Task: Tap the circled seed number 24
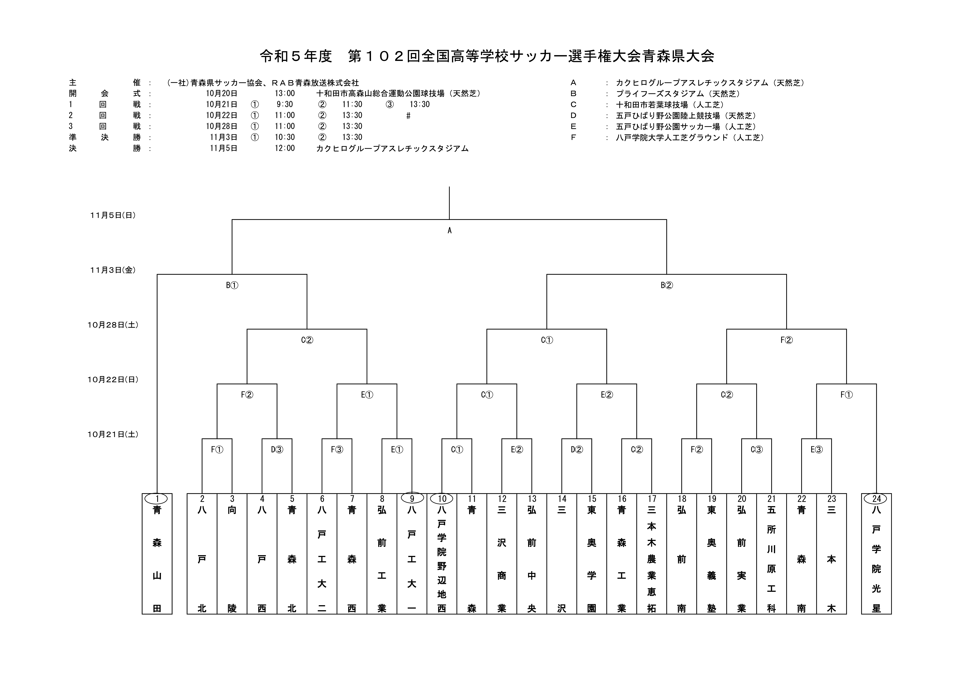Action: coord(876,499)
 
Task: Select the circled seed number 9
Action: coord(411,499)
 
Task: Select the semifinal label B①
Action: coord(232,285)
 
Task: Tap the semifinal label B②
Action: coord(666,285)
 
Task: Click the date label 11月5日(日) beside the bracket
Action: coord(113,216)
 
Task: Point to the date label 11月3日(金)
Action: coord(113,270)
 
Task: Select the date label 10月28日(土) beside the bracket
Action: coord(113,325)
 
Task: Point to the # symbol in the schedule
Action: coord(408,116)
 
